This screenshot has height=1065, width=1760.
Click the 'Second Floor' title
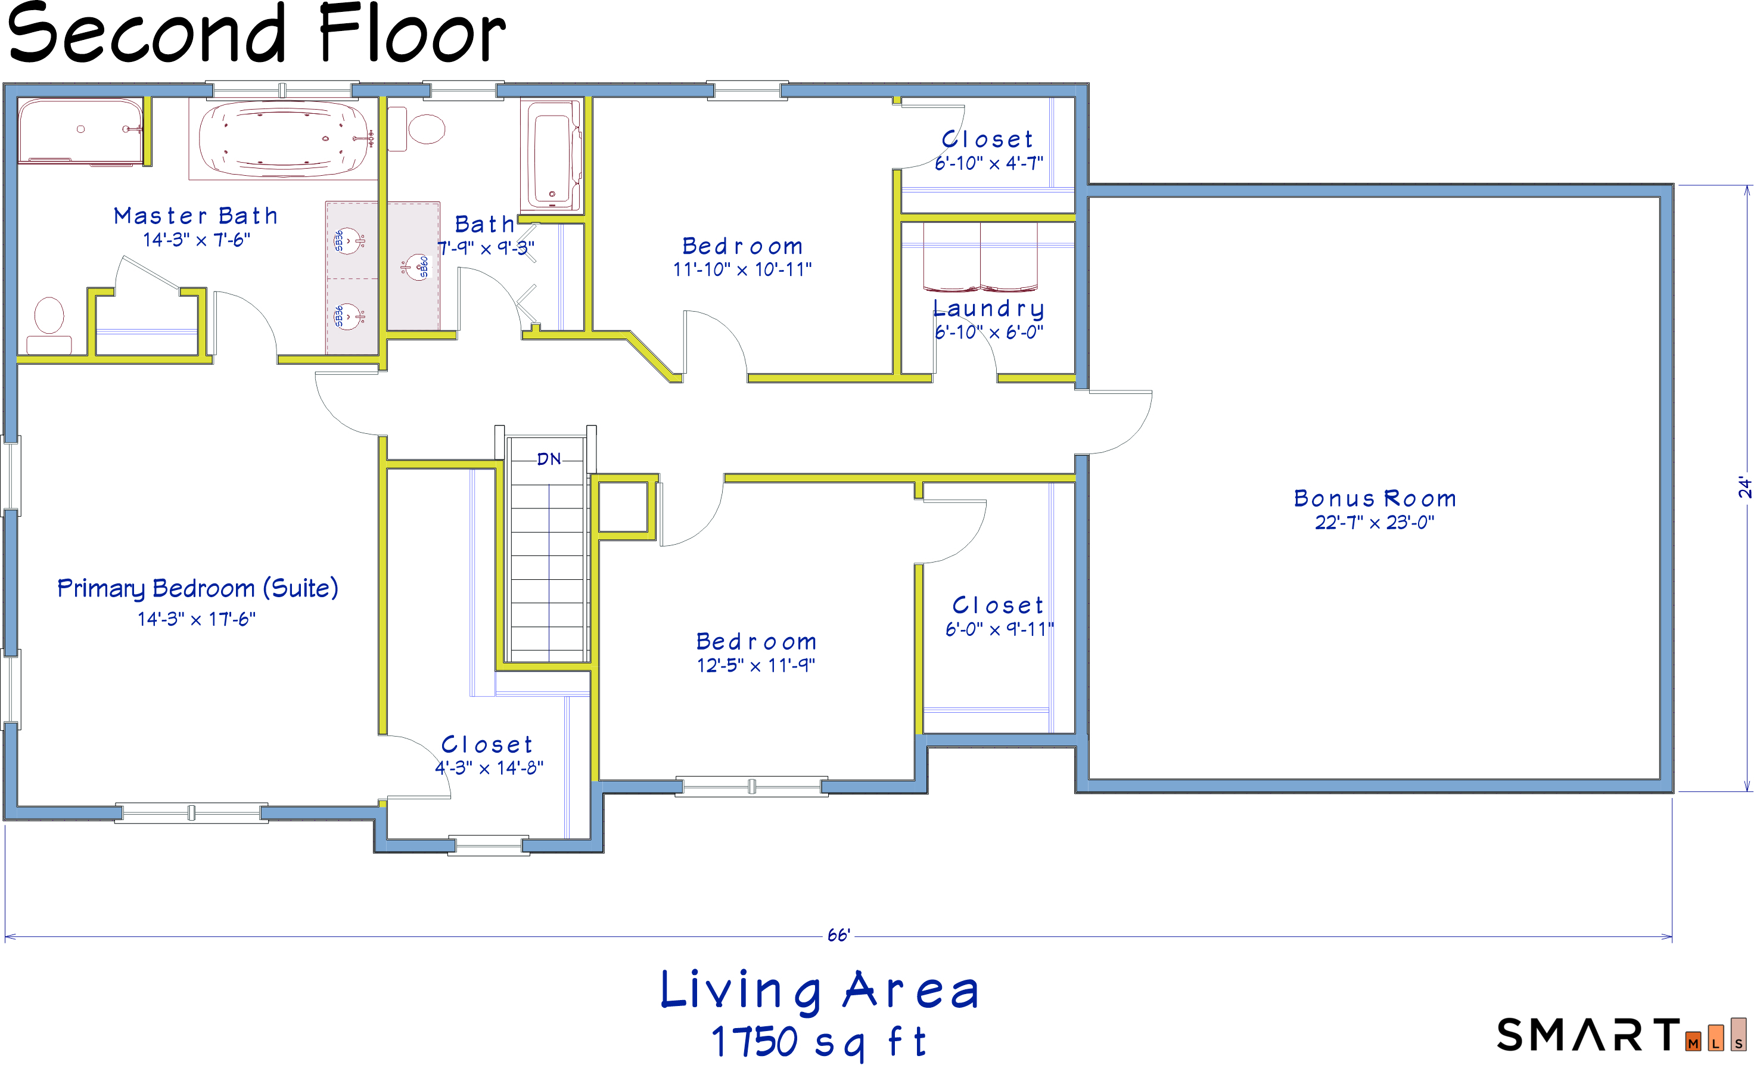256,33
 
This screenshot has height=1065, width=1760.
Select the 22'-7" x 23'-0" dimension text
1375,522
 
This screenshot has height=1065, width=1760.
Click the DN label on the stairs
549,459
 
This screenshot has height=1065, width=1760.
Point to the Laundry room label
988,309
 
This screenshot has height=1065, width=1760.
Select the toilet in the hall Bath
417,129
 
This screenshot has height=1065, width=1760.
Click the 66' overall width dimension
838,936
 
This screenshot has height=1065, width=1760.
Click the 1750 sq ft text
819,1041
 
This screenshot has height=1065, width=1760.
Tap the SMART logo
1621,1035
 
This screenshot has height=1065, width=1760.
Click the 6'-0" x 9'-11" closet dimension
999,629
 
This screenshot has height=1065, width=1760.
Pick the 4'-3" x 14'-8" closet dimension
489,768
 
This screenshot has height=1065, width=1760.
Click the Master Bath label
195,216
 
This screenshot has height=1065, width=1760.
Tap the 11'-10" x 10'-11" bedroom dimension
742,269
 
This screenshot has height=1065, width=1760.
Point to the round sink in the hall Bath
416,268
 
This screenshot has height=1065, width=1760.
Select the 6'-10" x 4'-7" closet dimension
988,163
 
